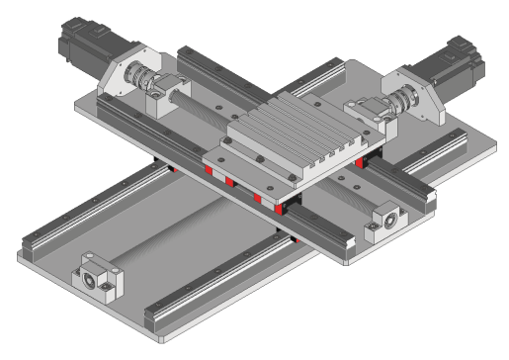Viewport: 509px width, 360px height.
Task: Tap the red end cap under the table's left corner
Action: pos(209,170)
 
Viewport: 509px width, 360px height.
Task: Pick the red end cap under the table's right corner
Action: pos(363,161)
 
